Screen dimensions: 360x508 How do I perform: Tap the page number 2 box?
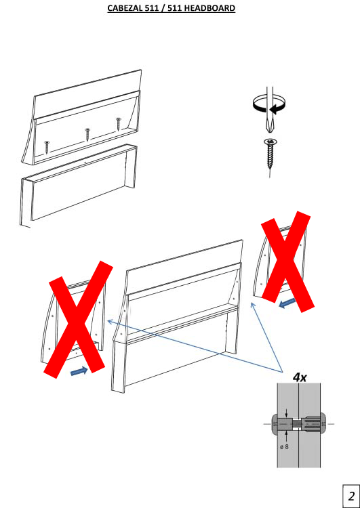click(x=351, y=496)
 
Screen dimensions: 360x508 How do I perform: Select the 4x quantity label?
click(x=300, y=377)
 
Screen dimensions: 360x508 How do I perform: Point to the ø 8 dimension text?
click(x=284, y=447)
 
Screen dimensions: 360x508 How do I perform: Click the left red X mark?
click(x=79, y=319)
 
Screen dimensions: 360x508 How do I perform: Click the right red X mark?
click(x=287, y=261)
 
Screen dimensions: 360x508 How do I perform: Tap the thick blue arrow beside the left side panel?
click(x=79, y=371)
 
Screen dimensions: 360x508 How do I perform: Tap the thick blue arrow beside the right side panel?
click(x=287, y=303)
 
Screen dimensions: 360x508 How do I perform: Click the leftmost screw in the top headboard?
click(x=47, y=147)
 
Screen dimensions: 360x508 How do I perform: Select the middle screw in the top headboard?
click(x=87, y=135)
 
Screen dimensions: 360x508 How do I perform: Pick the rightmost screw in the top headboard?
click(x=119, y=124)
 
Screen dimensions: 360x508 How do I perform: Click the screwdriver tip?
click(x=269, y=131)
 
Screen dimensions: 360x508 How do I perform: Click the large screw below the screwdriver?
click(x=270, y=156)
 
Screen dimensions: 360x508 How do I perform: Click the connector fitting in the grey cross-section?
click(x=298, y=423)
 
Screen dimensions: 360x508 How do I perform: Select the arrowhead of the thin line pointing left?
click(x=109, y=321)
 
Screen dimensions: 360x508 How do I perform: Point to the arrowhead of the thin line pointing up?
click(x=252, y=305)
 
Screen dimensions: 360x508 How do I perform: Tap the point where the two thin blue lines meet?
click(x=283, y=372)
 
